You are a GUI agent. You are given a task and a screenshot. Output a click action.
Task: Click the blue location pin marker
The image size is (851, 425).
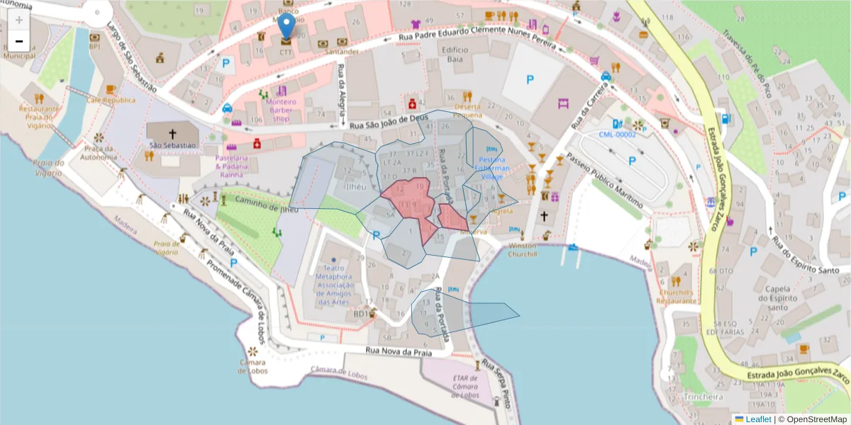tap(287, 26)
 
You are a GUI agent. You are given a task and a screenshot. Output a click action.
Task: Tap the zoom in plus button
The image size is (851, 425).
tap(19, 19)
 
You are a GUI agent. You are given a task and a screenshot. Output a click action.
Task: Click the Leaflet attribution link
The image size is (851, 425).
tap(758, 419)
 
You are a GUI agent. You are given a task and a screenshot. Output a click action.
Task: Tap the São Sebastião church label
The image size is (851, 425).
tap(172, 145)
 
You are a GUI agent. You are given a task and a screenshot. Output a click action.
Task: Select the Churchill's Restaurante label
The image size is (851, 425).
tap(677, 296)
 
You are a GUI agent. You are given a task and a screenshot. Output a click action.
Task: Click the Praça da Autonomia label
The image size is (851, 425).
tap(99, 153)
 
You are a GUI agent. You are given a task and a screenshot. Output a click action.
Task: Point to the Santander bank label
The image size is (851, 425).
tap(342, 52)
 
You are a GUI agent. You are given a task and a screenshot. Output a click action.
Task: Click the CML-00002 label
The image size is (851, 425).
tap(616, 134)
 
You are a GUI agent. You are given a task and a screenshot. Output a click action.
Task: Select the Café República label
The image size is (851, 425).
tap(111, 100)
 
